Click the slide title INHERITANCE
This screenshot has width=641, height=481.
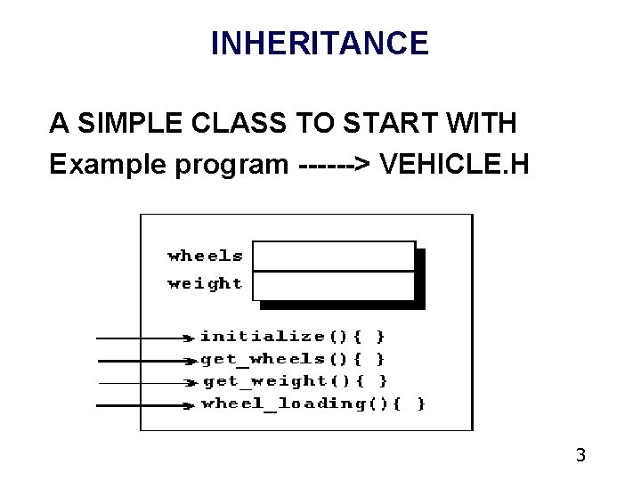click(x=320, y=42)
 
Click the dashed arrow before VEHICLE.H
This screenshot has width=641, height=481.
click(x=337, y=165)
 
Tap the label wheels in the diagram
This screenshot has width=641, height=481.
click(x=205, y=257)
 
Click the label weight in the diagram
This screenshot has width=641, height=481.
click(x=205, y=284)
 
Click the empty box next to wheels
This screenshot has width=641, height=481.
click(x=334, y=256)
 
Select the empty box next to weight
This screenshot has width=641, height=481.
click(x=334, y=285)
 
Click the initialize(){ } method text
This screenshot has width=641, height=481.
click(x=293, y=337)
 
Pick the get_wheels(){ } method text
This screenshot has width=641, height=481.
click(x=293, y=359)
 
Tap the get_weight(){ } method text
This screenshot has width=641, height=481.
click(x=295, y=381)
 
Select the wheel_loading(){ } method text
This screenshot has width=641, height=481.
click(x=313, y=404)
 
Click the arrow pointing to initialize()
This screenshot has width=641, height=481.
click(x=144, y=338)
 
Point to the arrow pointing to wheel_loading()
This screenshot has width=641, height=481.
click(x=144, y=405)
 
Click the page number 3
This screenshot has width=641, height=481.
click(x=580, y=456)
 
